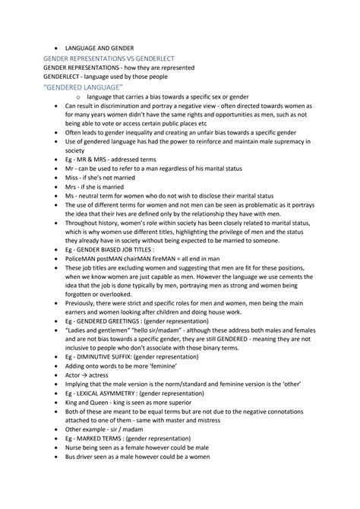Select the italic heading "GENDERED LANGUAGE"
[90, 87]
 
